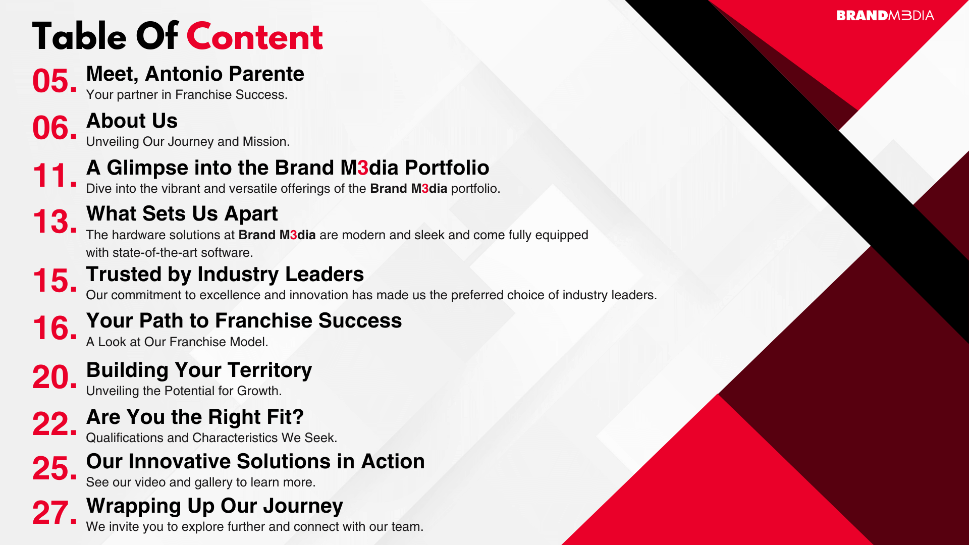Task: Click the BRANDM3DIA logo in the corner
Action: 885,16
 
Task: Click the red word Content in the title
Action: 254,37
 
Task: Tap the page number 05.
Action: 55,81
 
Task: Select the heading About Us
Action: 132,121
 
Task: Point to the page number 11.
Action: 55,176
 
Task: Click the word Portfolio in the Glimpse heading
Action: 447,168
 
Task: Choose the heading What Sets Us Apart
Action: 182,214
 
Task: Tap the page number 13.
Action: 55,222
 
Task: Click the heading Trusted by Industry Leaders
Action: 225,275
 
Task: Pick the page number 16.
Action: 55,328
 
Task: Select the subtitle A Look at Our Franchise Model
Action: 177,342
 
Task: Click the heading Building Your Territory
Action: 199,370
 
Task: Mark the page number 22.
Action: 55,424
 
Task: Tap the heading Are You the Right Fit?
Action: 195,417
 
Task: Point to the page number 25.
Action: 55,468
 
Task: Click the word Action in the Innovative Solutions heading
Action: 393,461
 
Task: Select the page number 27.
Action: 55,513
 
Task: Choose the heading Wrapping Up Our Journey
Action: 214,506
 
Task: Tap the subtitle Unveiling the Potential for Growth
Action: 184,391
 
